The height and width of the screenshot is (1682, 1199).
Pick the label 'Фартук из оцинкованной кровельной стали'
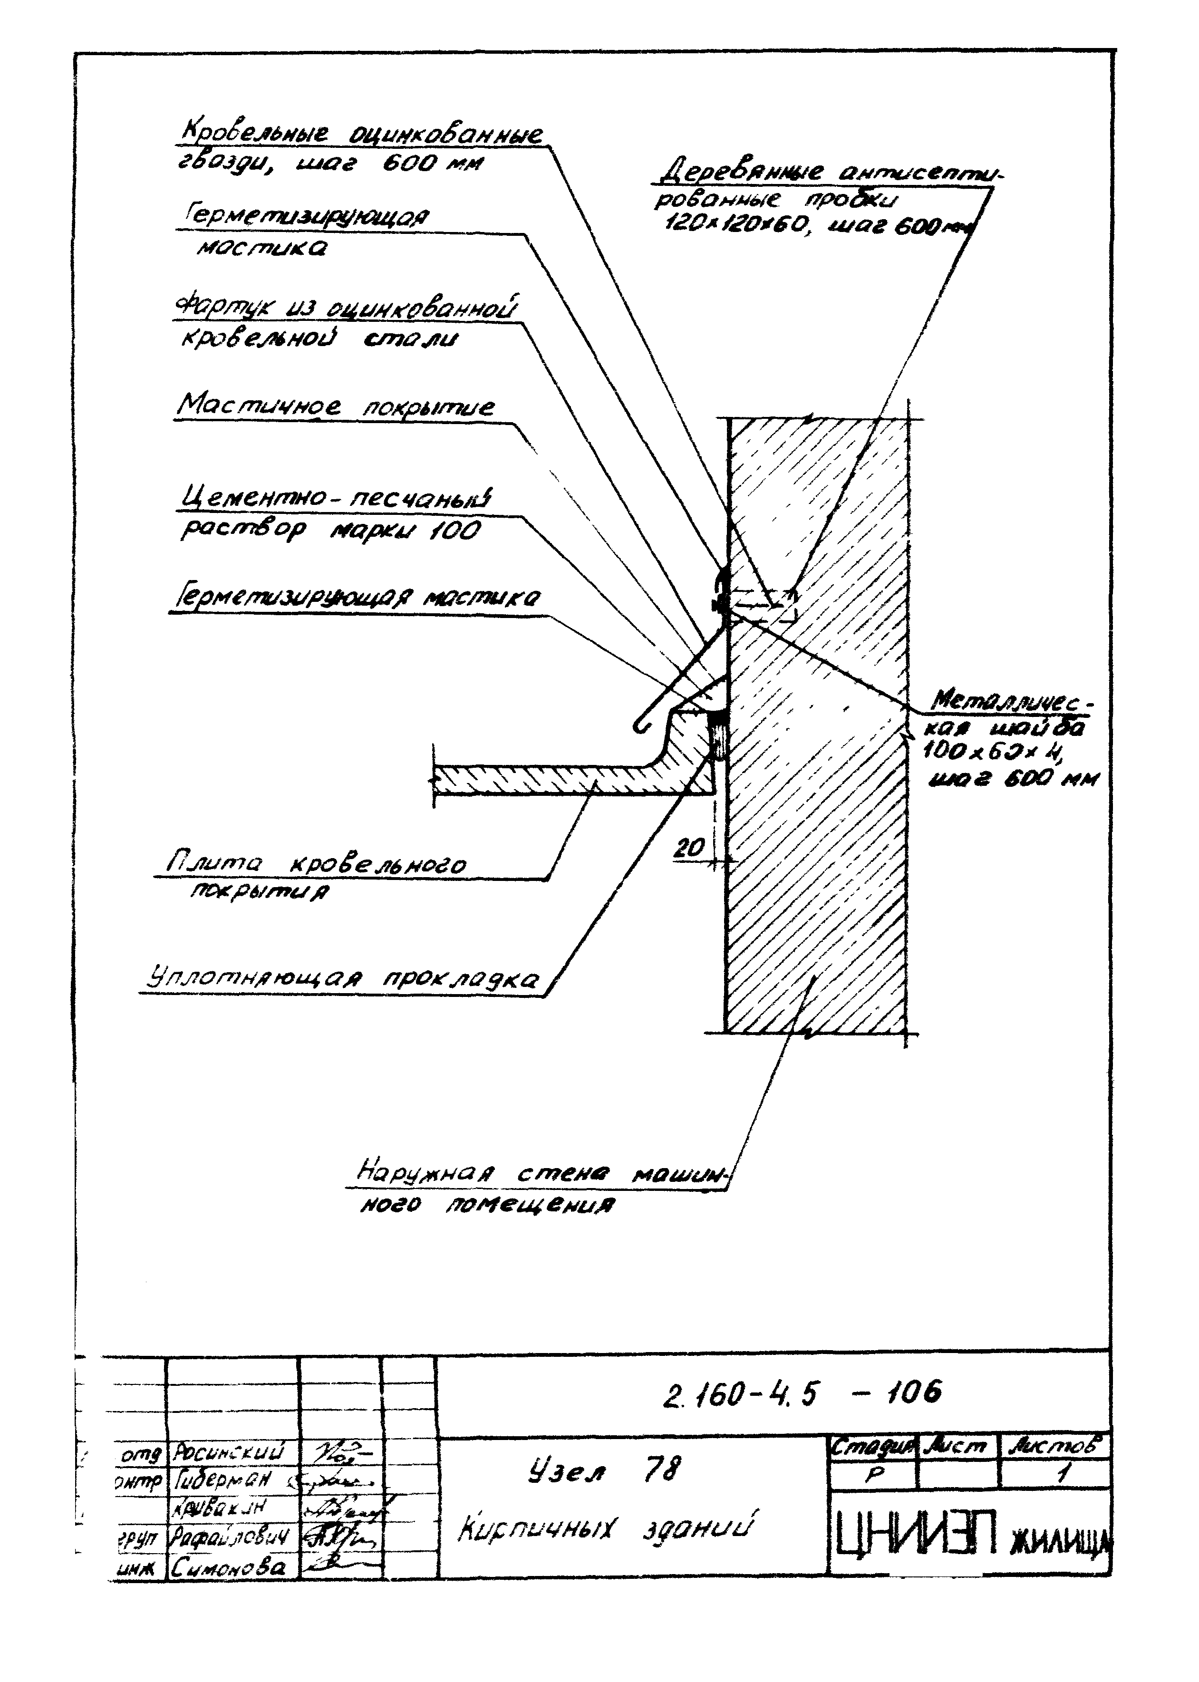point(346,323)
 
